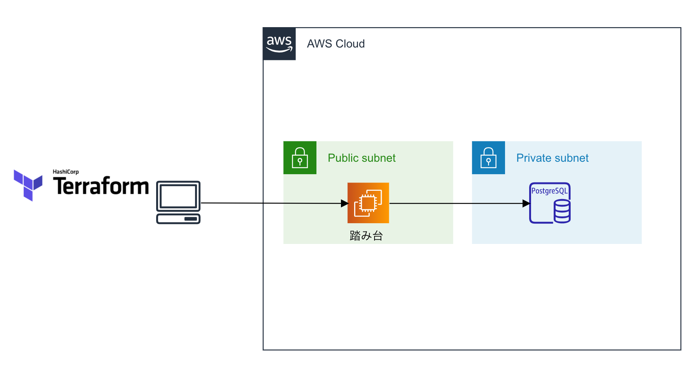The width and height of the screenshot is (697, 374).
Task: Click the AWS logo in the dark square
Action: [279, 44]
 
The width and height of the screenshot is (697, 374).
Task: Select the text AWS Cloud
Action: [336, 44]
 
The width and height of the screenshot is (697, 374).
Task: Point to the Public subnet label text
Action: [361, 158]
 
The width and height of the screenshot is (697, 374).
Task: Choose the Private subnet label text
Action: [552, 158]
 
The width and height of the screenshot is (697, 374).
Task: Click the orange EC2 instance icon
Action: [368, 203]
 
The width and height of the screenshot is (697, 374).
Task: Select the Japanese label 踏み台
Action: [366, 236]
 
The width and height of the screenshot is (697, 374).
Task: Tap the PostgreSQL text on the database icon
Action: [549, 191]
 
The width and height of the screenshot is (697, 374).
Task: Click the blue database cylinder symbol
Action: [562, 211]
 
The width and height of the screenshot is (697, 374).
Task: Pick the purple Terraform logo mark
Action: [28, 185]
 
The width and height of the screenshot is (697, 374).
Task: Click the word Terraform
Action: [101, 186]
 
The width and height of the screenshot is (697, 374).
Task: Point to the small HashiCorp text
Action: [66, 172]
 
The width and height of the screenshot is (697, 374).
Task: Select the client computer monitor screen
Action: [178, 196]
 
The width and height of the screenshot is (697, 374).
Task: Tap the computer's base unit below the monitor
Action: [178, 219]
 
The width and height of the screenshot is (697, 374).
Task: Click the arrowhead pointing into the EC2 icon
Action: [344, 204]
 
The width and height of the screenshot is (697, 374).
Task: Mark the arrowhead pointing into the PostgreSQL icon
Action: [526, 204]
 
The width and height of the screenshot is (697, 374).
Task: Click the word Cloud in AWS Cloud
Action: [350, 44]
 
